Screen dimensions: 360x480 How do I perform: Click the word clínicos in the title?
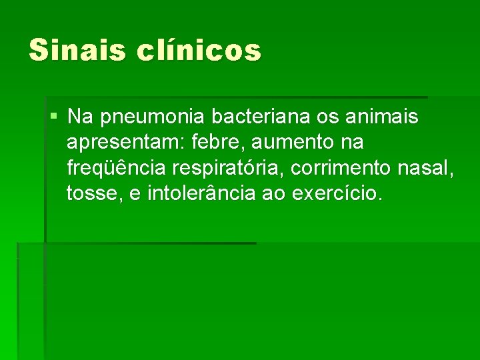pyautogui.click(x=199, y=50)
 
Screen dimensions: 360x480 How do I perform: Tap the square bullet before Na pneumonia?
pyautogui.click(x=53, y=117)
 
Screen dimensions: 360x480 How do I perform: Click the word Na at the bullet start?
pyautogui.click(x=79, y=117)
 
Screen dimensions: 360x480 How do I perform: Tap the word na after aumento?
pyautogui.click(x=351, y=143)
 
